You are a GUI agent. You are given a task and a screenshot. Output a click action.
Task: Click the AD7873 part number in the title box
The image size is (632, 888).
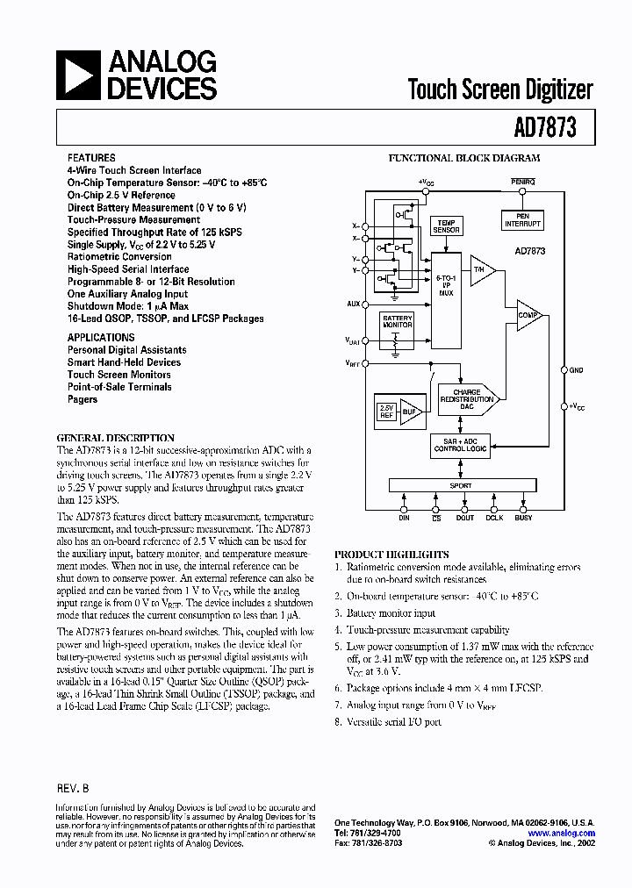pyautogui.click(x=545, y=128)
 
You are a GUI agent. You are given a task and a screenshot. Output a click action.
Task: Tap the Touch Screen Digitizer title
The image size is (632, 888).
pyautogui.click(x=500, y=90)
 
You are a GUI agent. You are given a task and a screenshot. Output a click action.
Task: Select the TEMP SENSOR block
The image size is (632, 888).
pyautogui.click(x=446, y=226)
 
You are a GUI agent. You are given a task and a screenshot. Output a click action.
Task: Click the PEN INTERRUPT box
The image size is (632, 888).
pyautogui.click(x=522, y=219)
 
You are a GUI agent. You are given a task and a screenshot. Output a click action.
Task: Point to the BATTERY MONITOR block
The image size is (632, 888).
pyautogui.click(x=396, y=322)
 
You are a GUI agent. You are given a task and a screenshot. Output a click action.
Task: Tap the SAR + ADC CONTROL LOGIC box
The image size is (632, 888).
pyautogui.click(x=461, y=445)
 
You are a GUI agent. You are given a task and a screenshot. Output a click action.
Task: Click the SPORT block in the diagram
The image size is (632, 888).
pyautogui.click(x=461, y=485)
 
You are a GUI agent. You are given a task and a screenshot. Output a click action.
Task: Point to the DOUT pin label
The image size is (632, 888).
pyautogui.click(x=465, y=518)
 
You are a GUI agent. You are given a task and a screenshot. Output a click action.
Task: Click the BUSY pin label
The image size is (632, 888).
pyautogui.click(x=523, y=518)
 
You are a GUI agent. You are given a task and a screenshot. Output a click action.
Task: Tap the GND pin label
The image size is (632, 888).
pyautogui.click(x=576, y=370)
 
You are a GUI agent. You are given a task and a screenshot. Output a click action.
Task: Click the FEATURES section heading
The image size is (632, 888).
pyautogui.click(x=91, y=158)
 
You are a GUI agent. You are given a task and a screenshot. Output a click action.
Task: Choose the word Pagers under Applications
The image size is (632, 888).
pyautogui.click(x=83, y=399)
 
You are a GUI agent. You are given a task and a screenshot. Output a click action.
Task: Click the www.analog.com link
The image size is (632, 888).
pyautogui.click(x=562, y=833)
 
